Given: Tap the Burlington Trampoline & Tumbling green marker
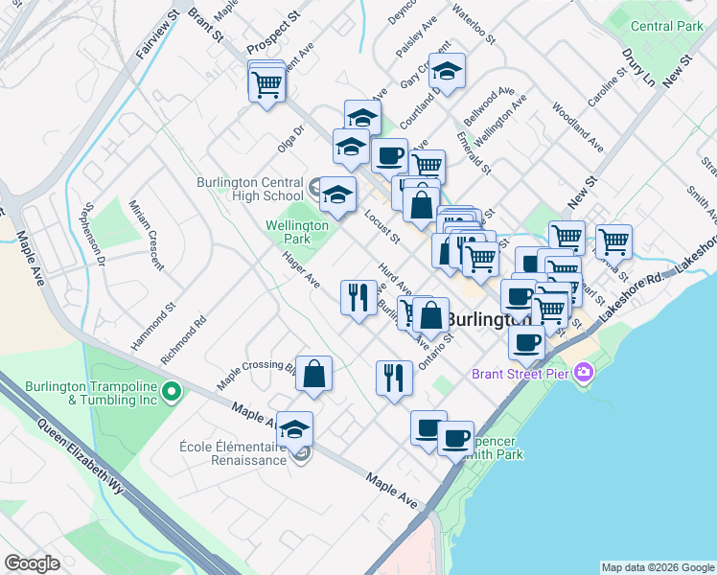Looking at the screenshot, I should (x=172, y=390).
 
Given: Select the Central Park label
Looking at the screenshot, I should (x=666, y=26).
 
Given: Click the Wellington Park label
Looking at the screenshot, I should (x=297, y=232).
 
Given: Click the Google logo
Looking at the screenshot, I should (x=32, y=563).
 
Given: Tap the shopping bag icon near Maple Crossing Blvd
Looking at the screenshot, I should (x=313, y=374).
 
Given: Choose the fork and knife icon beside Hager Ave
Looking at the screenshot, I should (x=358, y=296).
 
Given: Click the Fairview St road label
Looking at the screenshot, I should (x=158, y=35).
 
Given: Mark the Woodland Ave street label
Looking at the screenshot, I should (x=584, y=131).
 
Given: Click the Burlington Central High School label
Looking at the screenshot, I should (x=249, y=189).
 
